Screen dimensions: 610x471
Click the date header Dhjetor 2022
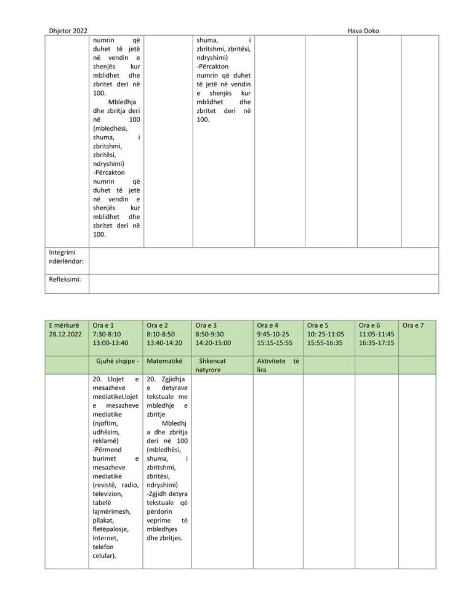pyautogui.click(x=67, y=30)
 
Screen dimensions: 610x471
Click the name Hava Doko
pyautogui.click(x=368, y=30)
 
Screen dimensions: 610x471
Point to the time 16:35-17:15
pyautogui.click(x=377, y=343)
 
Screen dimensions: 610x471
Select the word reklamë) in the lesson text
pyautogui.click(x=106, y=441)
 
